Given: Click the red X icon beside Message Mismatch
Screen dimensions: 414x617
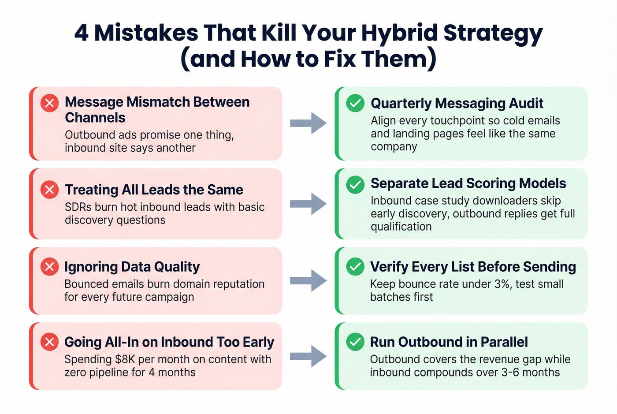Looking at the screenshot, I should pos(49,103).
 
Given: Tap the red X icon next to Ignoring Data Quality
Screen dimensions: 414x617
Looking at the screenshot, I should pos(49,267).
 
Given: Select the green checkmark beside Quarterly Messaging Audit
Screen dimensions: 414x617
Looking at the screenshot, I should pos(355,103).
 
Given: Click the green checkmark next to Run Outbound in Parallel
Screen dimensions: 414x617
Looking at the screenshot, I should pos(355,342).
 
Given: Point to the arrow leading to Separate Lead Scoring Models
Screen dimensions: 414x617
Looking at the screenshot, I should pos(308,204).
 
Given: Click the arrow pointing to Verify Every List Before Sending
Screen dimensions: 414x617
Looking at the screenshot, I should pos(308,280).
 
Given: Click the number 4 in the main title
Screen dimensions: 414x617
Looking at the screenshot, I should pos(81,33).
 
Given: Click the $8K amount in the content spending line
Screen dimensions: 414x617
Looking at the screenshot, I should pos(125,359).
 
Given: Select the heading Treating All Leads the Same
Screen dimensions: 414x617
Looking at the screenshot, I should pos(154,190).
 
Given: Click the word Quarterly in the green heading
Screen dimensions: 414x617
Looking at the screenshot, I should pos(401,103).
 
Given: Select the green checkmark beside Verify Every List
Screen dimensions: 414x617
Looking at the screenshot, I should pos(355,267).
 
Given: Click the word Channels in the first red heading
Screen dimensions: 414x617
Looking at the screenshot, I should pos(95,118).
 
